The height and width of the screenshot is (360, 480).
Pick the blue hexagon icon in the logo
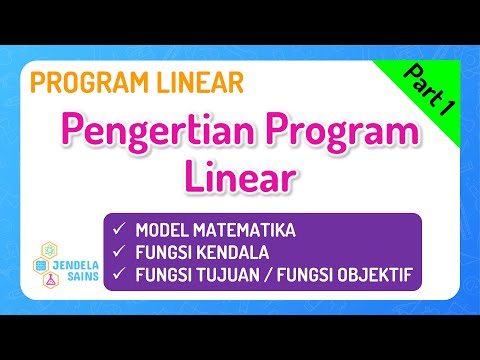pos(40,266)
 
